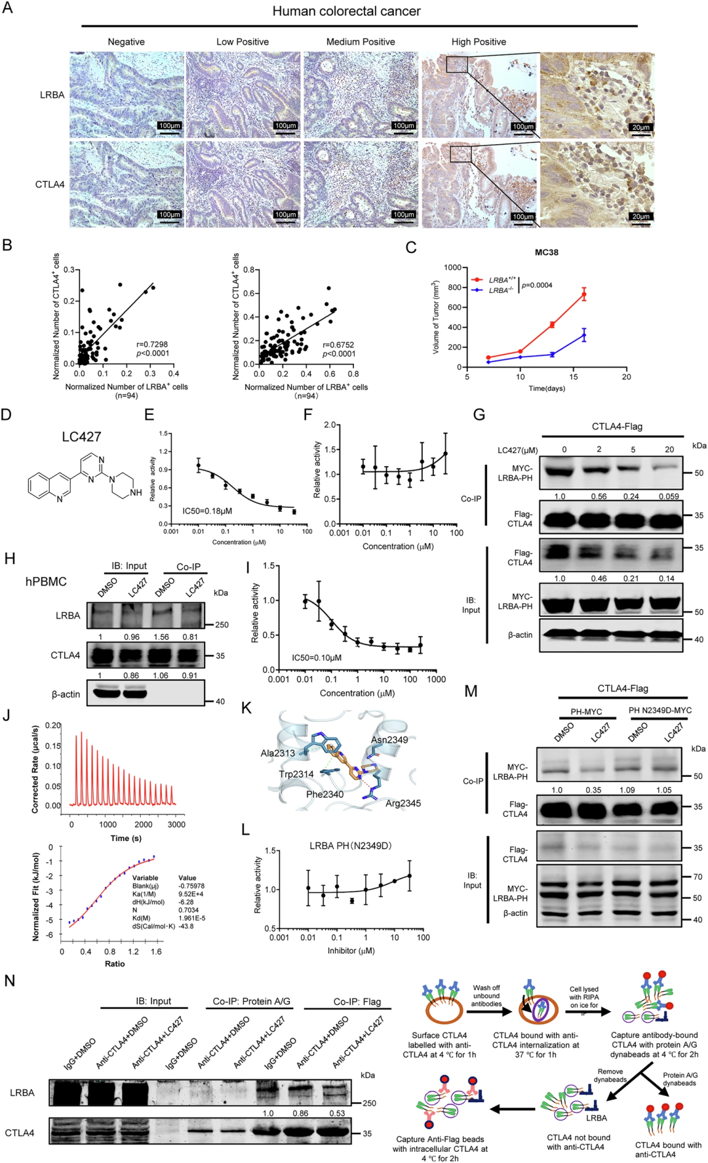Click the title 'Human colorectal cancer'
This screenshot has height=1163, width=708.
click(346, 11)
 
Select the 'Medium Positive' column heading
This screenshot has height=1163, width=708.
click(361, 42)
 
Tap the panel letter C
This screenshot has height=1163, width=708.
click(411, 247)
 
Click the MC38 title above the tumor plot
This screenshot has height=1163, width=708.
click(546, 252)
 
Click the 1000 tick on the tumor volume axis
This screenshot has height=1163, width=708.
click(452, 267)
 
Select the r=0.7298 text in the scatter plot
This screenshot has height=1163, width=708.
click(152, 344)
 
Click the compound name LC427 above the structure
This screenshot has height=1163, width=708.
click(82, 437)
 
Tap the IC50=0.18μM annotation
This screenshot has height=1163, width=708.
click(207, 510)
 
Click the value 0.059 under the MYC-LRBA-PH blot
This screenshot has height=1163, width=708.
click(668, 496)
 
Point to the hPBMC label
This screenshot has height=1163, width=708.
click(46, 581)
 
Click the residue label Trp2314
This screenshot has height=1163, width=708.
click(296, 774)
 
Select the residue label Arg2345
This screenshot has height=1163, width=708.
click(403, 803)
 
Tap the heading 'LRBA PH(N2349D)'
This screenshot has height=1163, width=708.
click(350, 846)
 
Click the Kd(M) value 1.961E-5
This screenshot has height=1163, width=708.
click(192, 918)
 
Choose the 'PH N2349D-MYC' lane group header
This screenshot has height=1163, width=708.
click(659, 710)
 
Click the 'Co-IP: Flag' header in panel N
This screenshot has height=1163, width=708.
click(357, 1001)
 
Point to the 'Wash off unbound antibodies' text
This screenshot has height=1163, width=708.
click(486, 995)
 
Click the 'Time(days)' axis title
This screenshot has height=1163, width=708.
click(547, 388)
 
